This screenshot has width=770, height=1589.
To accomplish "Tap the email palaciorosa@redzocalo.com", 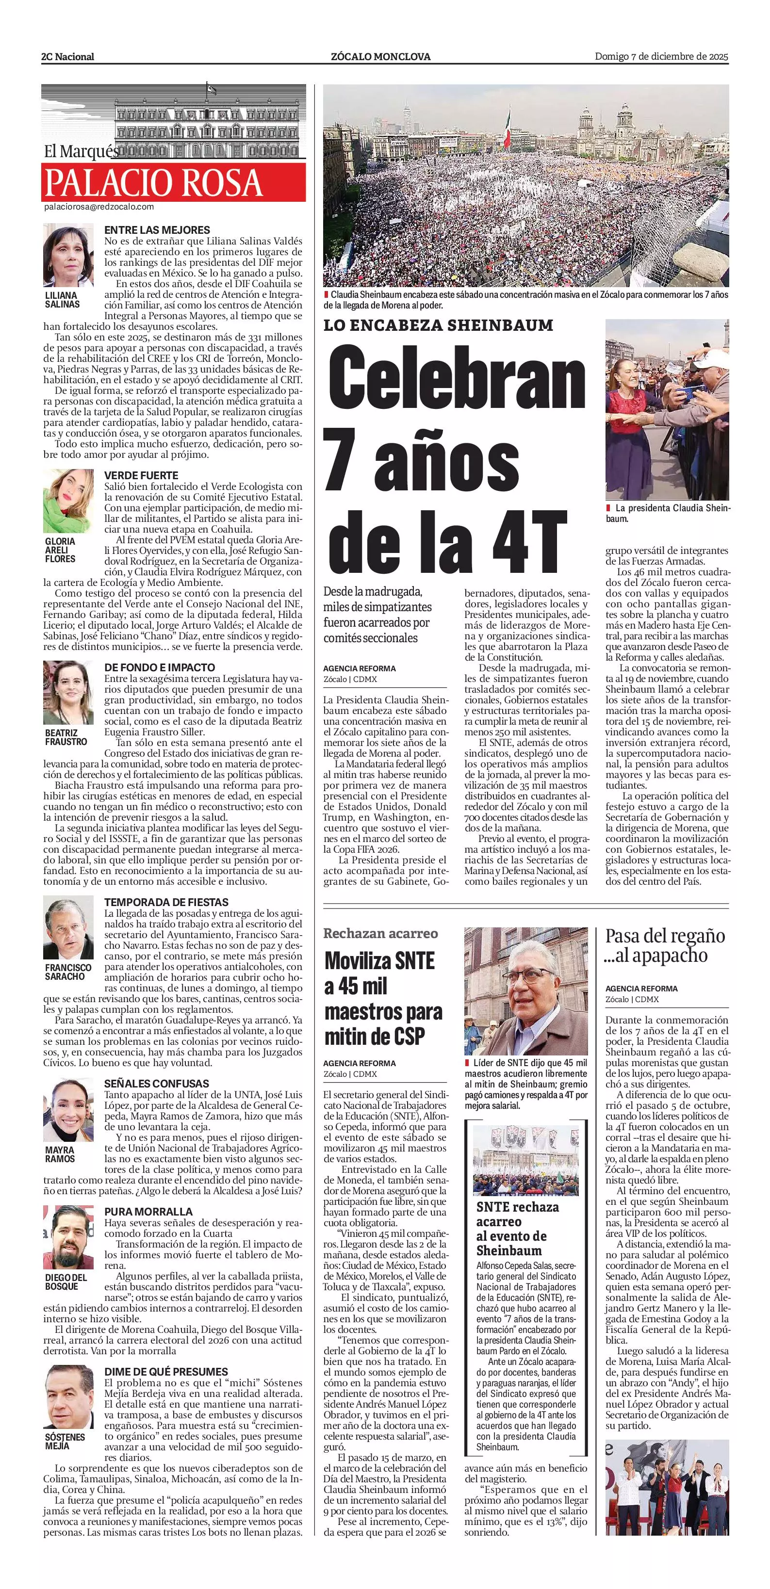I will (x=98, y=207).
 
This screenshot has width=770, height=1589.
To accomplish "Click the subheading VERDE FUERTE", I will (x=141, y=476).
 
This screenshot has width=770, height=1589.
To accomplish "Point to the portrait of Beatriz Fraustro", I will (x=68, y=693).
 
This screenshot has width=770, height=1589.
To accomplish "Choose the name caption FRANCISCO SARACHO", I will (x=67, y=972).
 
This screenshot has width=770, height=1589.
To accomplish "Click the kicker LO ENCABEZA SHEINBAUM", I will (x=438, y=325).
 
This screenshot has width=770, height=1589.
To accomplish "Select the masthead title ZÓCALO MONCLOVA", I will (x=381, y=57).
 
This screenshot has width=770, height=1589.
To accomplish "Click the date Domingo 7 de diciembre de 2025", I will (x=661, y=56).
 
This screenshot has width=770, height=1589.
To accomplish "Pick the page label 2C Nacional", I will (x=68, y=57).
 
